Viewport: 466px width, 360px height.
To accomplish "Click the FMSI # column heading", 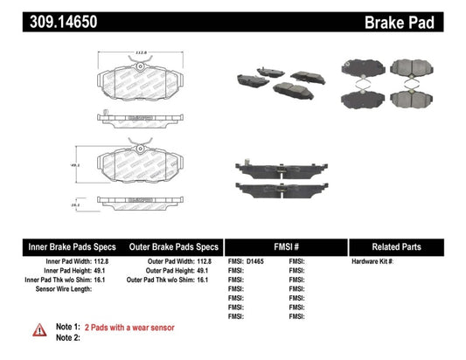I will click(x=285, y=247).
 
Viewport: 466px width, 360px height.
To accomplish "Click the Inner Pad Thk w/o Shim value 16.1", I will click(x=111, y=279).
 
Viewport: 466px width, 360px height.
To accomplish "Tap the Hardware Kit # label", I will click(x=373, y=261).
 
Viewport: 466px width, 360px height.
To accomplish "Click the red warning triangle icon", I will click(x=39, y=329).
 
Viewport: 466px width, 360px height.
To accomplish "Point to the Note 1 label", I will click(x=69, y=326).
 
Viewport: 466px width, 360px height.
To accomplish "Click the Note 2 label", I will click(x=69, y=336).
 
